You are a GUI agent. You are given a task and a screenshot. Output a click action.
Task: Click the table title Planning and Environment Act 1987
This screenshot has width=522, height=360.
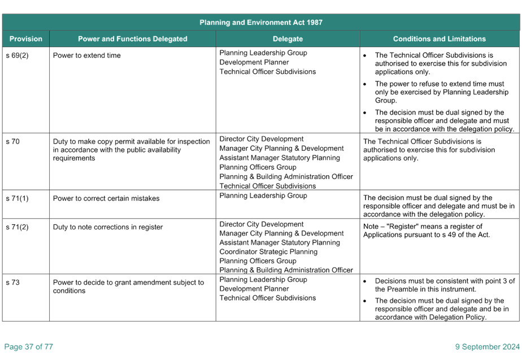point(261,22)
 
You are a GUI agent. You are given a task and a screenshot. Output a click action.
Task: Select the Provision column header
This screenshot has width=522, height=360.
point(26,38)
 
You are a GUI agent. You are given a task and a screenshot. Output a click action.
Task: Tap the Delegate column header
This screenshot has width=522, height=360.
point(288,38)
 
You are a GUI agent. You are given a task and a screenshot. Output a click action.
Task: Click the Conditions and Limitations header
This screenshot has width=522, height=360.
point(440,38)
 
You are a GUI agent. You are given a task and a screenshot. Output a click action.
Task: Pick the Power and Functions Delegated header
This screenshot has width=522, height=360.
point(133,38)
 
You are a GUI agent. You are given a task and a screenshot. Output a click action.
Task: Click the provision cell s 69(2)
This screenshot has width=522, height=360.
point(18,55)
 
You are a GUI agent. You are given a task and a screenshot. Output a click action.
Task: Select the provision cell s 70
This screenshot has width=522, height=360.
point(12,141)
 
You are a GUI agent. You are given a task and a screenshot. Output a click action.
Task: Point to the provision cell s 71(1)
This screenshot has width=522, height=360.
point(18,198)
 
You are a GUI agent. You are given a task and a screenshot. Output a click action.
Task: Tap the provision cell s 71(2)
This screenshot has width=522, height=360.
point(18,227)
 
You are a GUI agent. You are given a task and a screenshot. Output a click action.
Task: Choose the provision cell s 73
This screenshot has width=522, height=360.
point(12,282)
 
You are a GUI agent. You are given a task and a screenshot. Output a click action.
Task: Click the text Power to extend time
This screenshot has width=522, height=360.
point(86,55)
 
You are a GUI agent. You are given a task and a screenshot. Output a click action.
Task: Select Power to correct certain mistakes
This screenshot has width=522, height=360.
point(106,198)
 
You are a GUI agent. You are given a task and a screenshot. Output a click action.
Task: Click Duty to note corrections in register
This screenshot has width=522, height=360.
point(108,227)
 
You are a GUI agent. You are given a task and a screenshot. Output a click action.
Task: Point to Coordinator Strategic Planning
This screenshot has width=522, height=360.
point(268,251)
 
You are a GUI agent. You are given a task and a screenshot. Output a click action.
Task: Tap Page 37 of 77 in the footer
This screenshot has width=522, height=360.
point(29,346)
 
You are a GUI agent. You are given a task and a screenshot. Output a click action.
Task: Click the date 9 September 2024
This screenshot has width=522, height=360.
point(488,346)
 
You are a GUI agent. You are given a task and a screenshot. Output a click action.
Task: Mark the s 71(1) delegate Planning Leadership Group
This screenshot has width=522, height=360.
point(263,196)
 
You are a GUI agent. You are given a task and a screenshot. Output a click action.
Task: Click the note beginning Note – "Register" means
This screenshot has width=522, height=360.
point(427,231)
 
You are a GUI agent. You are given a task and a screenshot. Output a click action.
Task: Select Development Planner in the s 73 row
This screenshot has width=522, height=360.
point(254,288)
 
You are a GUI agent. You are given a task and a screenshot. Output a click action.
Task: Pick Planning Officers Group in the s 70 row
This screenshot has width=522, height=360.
point(258,167)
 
